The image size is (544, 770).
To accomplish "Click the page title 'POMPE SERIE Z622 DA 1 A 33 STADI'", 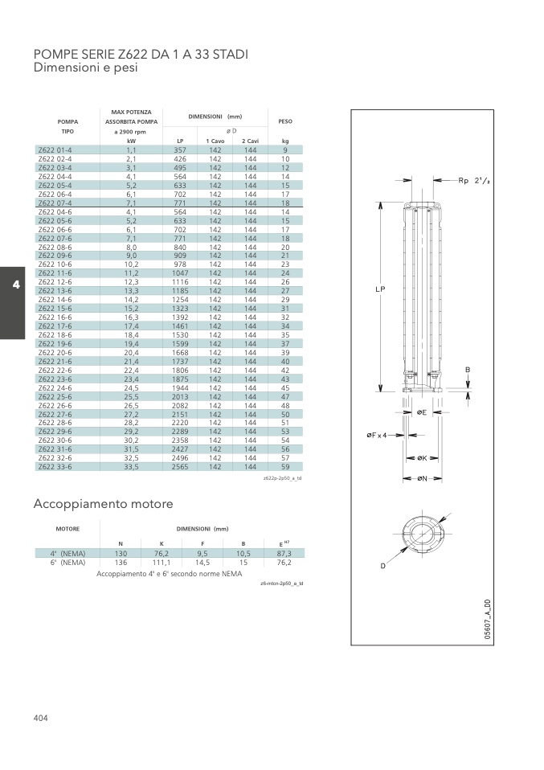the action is pos(141,54).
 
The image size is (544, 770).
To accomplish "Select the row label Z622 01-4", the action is pos(55,150).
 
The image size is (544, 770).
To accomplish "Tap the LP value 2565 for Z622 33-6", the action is pos(180,467).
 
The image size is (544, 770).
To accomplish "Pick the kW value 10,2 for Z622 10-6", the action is pos(131,264).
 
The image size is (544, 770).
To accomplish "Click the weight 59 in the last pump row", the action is pos(285,467).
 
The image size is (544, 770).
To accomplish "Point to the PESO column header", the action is pos(285,121).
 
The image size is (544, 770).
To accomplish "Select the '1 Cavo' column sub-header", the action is pos(215,141).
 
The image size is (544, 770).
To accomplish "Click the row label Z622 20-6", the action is pos(55,353).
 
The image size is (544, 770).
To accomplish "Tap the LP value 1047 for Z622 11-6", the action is pos(180,273).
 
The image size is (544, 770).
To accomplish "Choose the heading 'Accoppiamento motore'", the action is pos(103,504).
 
